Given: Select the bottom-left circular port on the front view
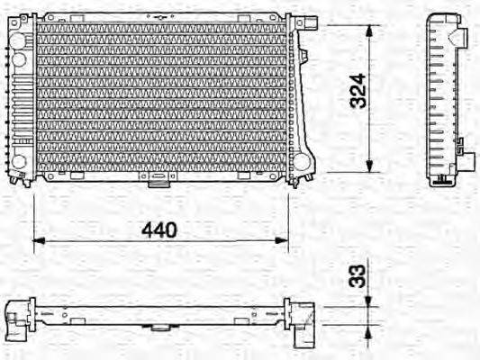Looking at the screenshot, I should (x=18, y=162).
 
